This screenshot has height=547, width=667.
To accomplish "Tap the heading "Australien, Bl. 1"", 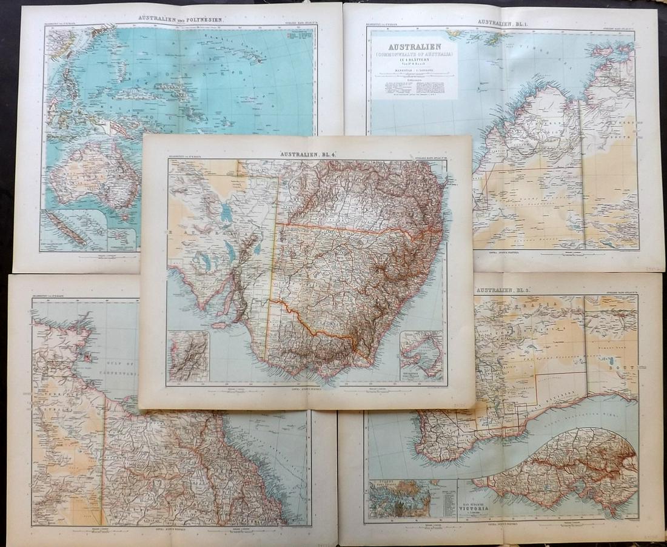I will click(x=501, y=22).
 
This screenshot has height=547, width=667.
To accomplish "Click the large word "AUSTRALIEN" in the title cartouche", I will click(x=414, y=46).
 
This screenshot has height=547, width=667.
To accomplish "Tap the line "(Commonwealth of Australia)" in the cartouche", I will click(x=414, y=56).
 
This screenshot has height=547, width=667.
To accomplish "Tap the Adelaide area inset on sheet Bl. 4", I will click(x=189, y=357).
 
